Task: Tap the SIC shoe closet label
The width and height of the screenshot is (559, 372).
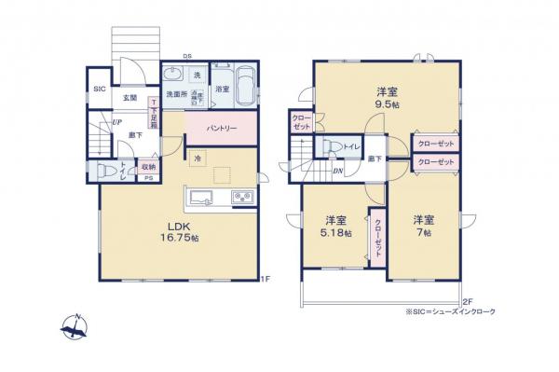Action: [x=99, y=90]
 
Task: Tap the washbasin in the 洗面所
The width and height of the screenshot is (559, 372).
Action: [x=173, y=77]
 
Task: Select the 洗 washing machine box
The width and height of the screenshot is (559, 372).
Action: [x=198, y=74]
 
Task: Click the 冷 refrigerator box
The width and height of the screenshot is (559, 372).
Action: [x=198, y=158]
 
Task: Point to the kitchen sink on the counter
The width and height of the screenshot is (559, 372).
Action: [x=204, y=197]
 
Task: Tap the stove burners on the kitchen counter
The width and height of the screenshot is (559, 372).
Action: [x=241, y=197]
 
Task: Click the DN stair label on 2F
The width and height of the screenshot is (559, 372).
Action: [x=336, y=171]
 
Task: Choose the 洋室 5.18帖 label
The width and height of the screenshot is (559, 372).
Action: [x=337, y=227]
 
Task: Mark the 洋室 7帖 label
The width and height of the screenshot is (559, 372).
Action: [x=424, y=227]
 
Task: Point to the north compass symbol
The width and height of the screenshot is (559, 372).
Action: [x=75, y=327]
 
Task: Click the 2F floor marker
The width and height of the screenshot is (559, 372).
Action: [x=467, y=301]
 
